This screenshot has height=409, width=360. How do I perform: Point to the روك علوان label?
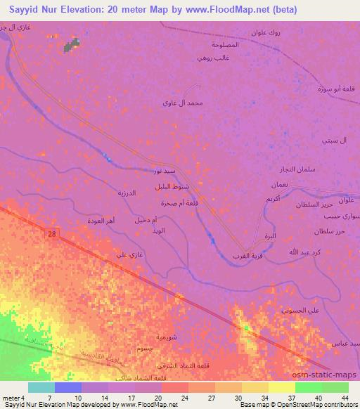tap(267, 32)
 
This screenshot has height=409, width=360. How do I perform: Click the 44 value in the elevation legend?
tap(345, 398)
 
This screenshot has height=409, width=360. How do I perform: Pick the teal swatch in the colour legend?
tap(41, 387)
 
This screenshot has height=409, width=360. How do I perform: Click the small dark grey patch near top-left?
tap(72, 46)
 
